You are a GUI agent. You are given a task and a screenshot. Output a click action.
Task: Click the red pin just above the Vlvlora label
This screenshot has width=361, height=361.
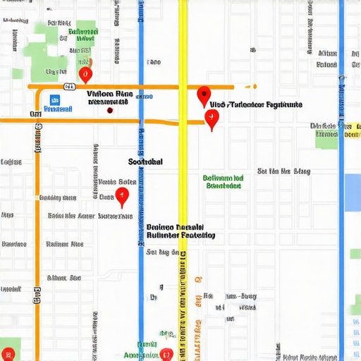pyautogui.click(x=85, y=73)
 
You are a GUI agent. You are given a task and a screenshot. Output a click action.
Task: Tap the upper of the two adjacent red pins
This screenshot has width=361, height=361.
pyautogui.click(x=204, y=94)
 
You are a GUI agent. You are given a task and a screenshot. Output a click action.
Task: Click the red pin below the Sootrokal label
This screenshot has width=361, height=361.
pyautogui.click(x=122, y=196)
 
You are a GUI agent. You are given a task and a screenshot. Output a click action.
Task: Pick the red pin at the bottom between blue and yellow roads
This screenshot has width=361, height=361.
pyautogui.click(x=166, y=355)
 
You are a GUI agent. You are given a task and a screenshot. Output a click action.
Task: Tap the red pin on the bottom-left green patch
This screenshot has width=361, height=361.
pyautogui.click(x=8, y=355)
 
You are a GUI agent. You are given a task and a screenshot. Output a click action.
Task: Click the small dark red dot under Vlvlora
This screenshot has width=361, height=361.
pyautogui.click(x=109, y=110)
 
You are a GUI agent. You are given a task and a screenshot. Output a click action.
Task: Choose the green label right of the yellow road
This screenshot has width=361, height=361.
pyautogui.click(x=224, y=182)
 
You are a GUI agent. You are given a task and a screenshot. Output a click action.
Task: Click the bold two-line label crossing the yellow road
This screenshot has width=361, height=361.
pyautogui.click(x=181, y=232)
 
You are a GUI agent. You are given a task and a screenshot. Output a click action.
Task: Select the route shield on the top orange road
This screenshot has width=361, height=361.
pyautogui.click(x=69, y=87)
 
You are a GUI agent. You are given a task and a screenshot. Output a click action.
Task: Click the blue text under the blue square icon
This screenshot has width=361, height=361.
pyautogui.click(x=56, y=110)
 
